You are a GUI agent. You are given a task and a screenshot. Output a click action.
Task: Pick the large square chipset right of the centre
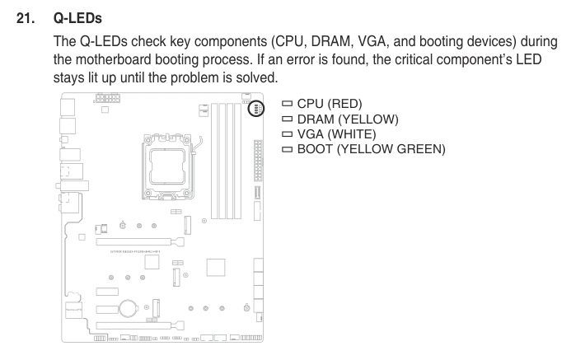click(x=215, y=269)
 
